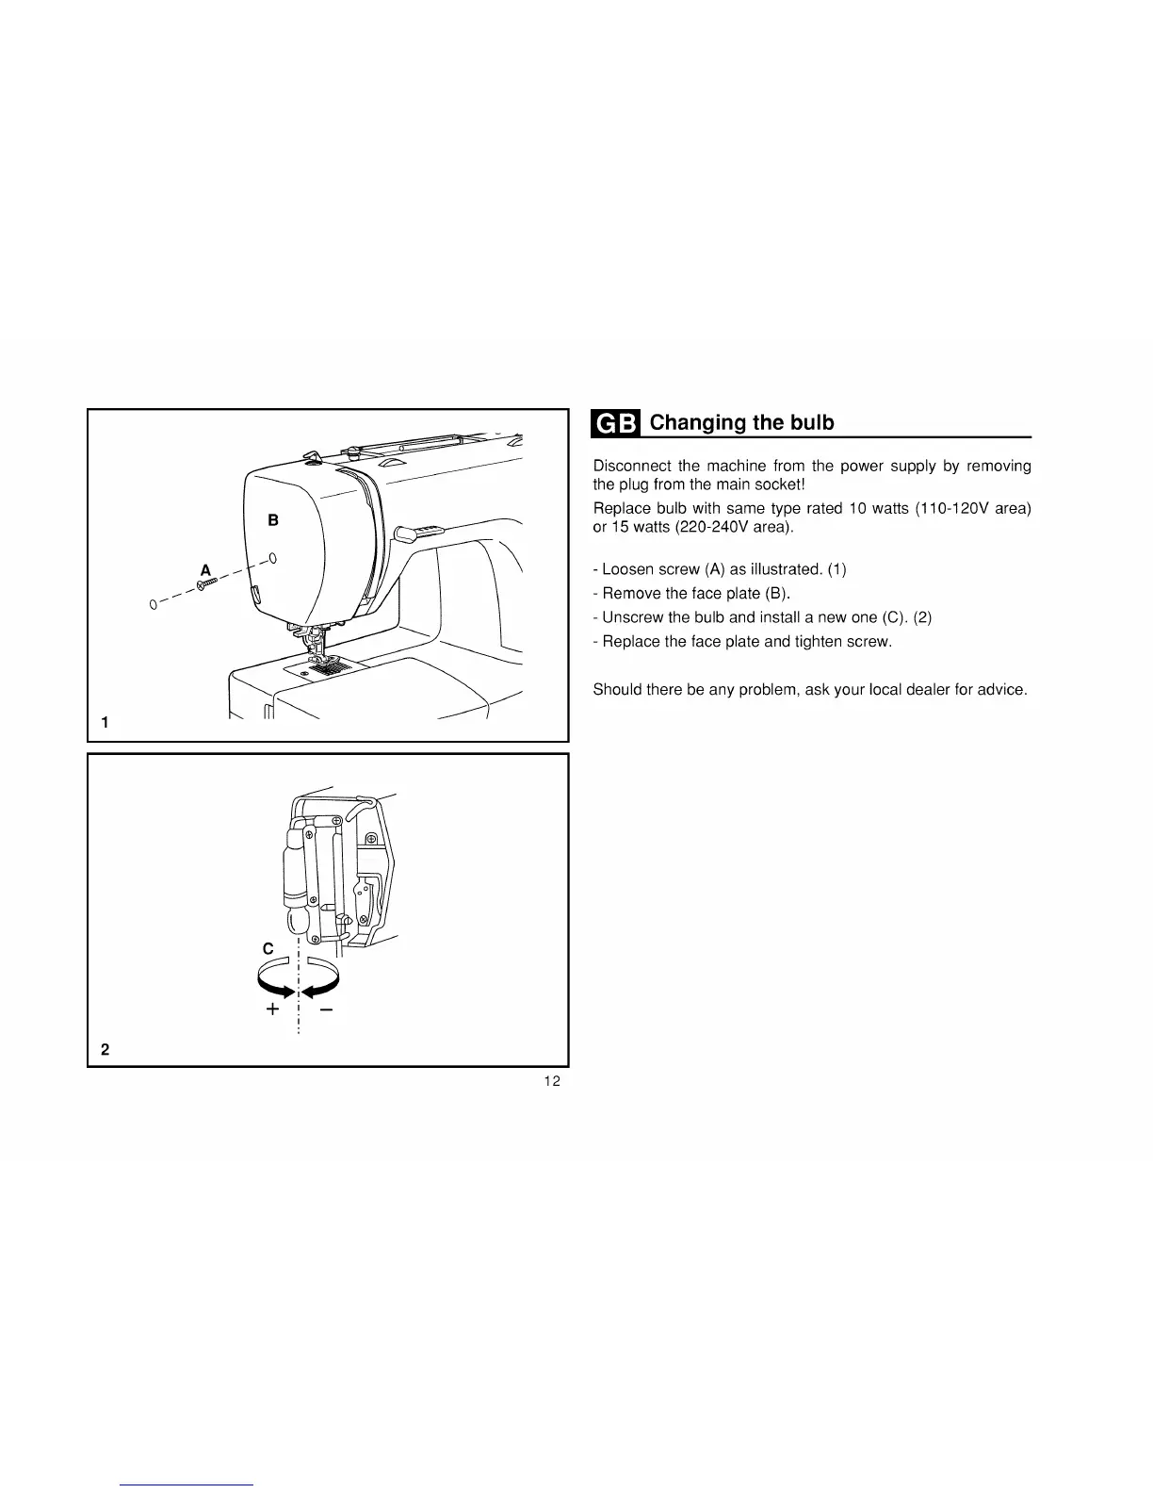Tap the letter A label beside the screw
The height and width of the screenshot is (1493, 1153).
[205, 569]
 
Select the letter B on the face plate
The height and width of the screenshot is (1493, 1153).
[273, 519]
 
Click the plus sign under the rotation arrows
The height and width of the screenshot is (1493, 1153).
[272, 1009]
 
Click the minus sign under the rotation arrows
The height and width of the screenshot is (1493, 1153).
[326, 1009]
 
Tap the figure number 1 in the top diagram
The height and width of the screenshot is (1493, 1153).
[105, 723]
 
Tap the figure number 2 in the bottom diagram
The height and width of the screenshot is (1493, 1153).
[105, 1048]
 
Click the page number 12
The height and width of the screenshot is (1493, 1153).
[552, 1081]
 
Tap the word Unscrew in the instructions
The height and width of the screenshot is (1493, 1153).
[630, 617]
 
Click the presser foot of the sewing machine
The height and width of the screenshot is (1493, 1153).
[316, 649]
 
